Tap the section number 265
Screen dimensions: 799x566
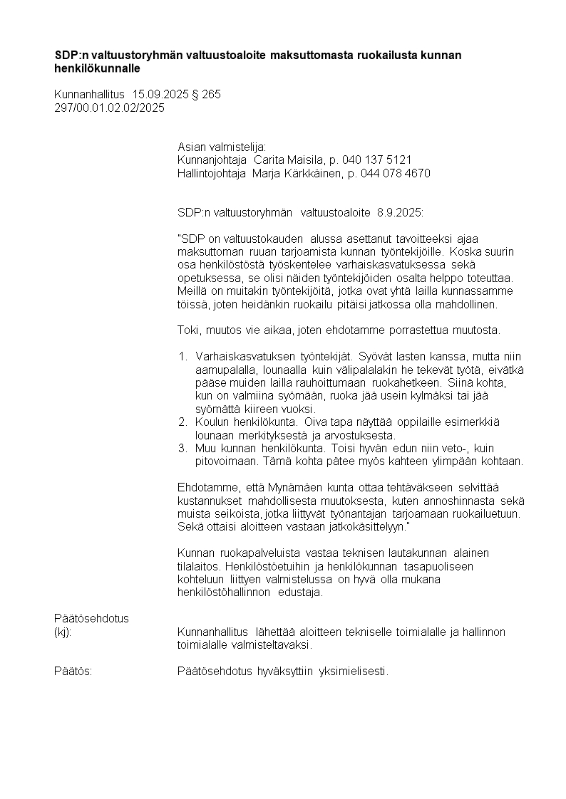[x=211, y=94]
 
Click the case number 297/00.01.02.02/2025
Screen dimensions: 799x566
[x=109, y=108]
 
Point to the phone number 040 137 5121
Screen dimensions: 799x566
[x=377, y=160]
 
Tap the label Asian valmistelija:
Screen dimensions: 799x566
[x=221, y=146]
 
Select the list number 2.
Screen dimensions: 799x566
[x=182, y=422]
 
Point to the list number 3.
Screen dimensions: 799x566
[x=182, y=448]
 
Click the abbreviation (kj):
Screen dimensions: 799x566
[x=63, y=632]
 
